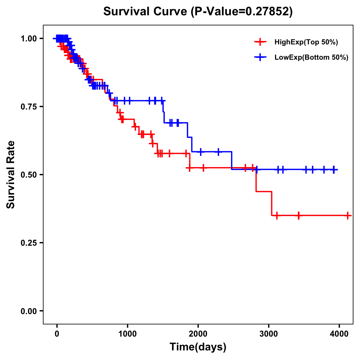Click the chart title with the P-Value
(x=198, y=12)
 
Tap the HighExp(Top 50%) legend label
(x=306, y=42)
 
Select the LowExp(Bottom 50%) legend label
(x=311, y=57)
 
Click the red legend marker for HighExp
(x=260, y=42)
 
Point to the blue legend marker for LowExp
(x=260, y=57)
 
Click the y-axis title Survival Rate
(x=11, y=174)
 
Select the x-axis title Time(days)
(x=198, y=347)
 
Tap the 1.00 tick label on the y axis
(x=28, y=39)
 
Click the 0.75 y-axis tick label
(x=28, y=107)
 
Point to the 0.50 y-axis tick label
(x=28, y=175)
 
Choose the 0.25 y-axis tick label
(x=28, y=243)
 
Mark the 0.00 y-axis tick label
(x=28, y=311)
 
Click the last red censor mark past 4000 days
(x=348, y=215)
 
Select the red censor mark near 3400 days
(x=298, y=215)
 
